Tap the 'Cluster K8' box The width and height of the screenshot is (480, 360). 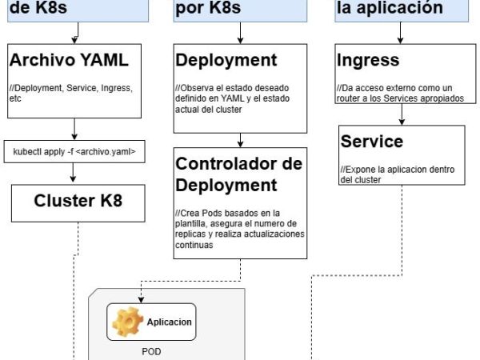(78, 201)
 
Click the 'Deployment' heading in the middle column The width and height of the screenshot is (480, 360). (226, 60)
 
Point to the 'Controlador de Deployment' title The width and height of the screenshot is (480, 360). (238, 174)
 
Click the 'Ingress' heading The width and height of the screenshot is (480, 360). (368, 60)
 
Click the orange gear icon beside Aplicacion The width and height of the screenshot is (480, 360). (126, 322)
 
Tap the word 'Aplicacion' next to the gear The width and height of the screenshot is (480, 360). (169, 322)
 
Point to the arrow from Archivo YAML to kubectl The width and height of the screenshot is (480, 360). (74, 129)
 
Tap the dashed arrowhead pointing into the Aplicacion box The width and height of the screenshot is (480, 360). (141, 300)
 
